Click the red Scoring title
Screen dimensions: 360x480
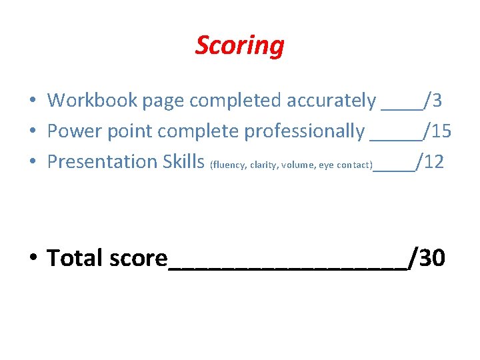(239, 45)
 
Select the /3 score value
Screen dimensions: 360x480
(433, 101)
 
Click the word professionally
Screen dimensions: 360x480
(304, 131)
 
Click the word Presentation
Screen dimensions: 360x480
(102, 162)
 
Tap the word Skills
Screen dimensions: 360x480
(183, 162)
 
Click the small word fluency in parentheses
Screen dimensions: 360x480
(229, 165)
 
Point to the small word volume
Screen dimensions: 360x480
(296, 165)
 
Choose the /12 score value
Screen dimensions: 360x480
(430, 162)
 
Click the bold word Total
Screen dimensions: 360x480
(75, 257)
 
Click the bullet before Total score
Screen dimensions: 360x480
(33, 257)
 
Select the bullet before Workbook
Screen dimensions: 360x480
(32, 101)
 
